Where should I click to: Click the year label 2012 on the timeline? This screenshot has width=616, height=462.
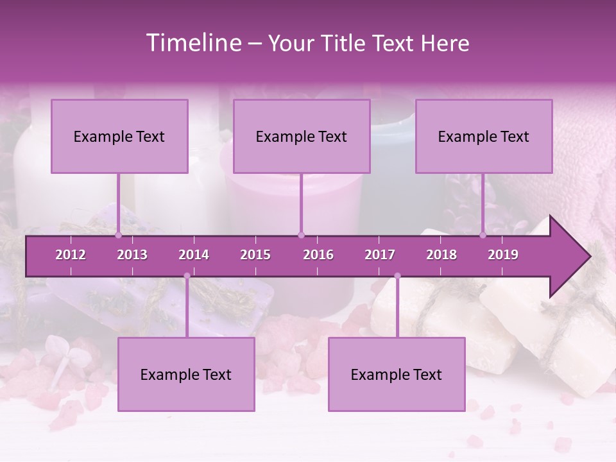pos(71,255)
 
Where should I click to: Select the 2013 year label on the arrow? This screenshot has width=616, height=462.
pos(132,255)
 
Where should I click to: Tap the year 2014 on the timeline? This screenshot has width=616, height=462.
pos(194,255)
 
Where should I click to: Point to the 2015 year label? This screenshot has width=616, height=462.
pos(255,255)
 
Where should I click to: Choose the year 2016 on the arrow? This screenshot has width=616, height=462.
pos(318,255)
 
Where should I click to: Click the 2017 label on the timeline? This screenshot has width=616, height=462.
pos(380,255)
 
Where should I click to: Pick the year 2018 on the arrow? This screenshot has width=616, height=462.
pos(441,255)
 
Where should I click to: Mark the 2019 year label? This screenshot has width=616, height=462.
pos(503,255)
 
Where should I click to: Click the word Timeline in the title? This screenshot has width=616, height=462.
pos(192,43)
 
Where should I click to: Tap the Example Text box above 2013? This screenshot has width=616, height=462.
pos(119,136)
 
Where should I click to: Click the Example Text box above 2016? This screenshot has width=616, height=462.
pos(302,136)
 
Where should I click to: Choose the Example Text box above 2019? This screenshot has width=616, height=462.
pos(484,136)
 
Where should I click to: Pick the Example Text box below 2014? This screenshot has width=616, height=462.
pos(186,374)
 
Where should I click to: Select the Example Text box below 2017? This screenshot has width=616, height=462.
pos(397,374)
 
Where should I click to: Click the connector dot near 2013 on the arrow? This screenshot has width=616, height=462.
pos(119,235)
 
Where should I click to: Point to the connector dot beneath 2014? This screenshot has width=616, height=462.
pos(187,276)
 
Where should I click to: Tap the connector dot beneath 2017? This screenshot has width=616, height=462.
pos(397,276)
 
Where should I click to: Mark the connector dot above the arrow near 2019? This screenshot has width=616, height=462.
pos(483,235)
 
